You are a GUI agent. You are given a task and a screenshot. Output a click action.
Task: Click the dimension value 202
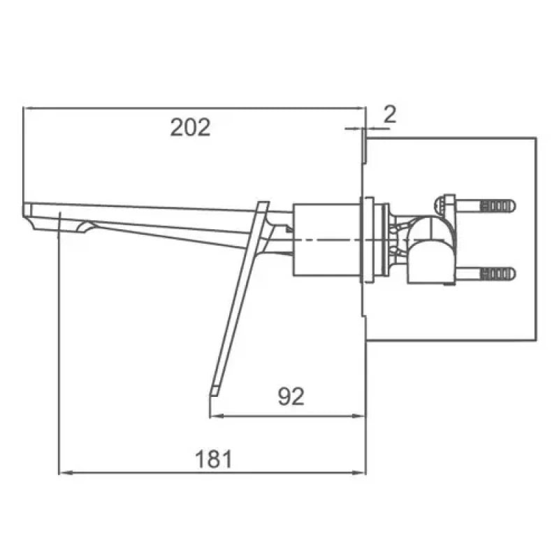tap(190, 127)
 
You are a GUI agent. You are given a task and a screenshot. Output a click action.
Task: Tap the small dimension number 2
tap(390, 114)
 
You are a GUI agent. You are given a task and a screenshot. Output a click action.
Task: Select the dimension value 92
tap(291, 396)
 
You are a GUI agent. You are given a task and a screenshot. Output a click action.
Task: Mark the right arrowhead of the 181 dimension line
tap(362, 473)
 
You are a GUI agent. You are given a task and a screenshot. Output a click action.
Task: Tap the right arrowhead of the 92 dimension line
tap(362, 416)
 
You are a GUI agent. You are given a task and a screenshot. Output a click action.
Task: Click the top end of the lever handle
tap(263, 204)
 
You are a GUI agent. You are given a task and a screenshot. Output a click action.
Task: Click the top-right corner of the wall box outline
tap(536, 138)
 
